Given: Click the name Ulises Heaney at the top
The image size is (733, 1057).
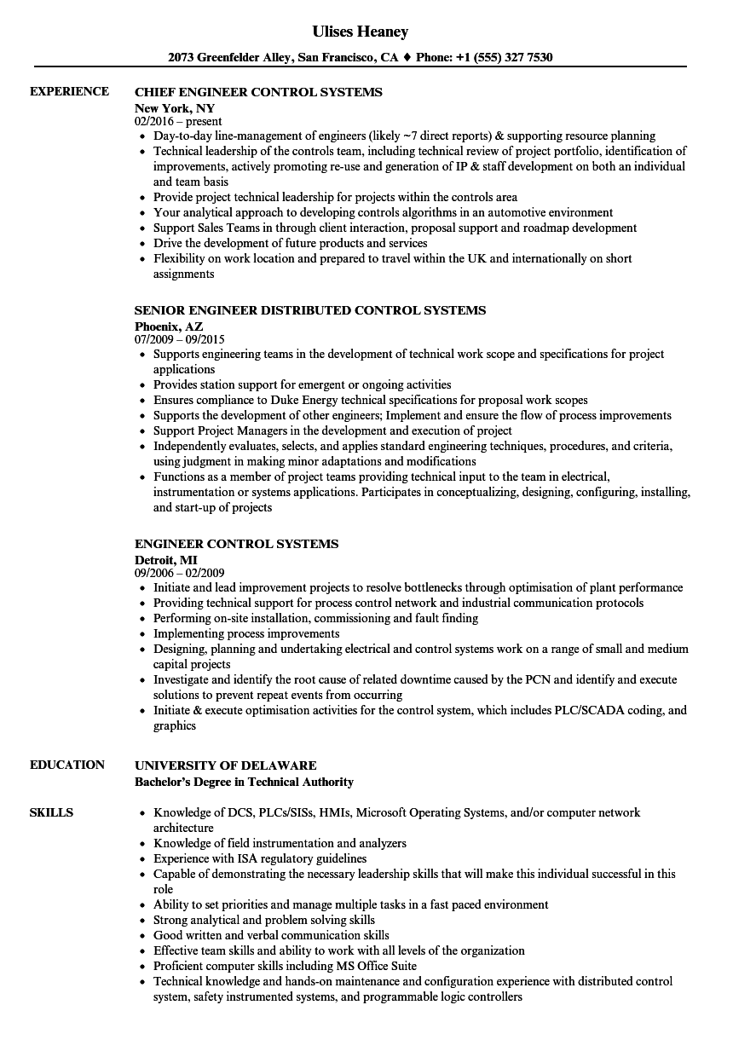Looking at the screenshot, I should click(361, 32).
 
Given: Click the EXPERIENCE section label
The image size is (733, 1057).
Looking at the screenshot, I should click(69, 91).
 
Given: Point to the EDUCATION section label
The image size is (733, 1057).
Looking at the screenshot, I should click(67, 765).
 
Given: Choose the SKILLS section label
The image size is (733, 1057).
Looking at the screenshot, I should click(51, 812).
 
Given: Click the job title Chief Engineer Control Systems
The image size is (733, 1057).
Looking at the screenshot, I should click(258, 92).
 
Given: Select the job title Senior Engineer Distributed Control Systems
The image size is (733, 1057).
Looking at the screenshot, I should click(310, 310).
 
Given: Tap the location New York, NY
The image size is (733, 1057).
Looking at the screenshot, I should click(175, 108).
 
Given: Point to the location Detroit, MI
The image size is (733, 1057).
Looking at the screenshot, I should click(166, 559).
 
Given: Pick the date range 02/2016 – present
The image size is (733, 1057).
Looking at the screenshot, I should click(178, 122).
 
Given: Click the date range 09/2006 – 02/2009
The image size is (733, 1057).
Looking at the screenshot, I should click(180, 574).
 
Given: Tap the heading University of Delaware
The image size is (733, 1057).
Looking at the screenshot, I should click(226, 765).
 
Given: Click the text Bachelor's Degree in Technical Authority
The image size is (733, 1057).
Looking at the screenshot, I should click(244, 782).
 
